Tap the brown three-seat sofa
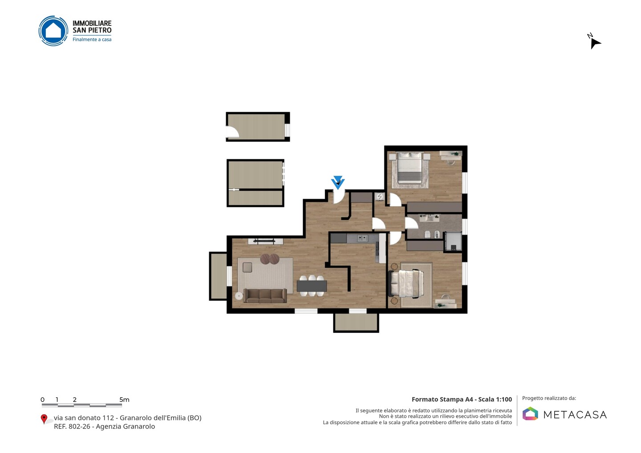point(265,295)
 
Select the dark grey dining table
point(312,286)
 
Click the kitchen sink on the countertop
point(362,238)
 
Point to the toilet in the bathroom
point(427,234)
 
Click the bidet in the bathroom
point(437,235)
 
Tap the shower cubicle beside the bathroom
point(453,242)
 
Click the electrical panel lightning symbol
point(380,197)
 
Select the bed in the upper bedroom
point(410,168)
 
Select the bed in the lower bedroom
point(406,283)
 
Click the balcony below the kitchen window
point(356,323)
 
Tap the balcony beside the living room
point(218,276)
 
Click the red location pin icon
point(44,419)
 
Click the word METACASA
point(575,415)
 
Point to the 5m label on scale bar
point(124,400)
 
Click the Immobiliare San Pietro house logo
point(53,31)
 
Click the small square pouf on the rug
point(247,267)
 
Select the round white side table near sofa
point(239,296)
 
